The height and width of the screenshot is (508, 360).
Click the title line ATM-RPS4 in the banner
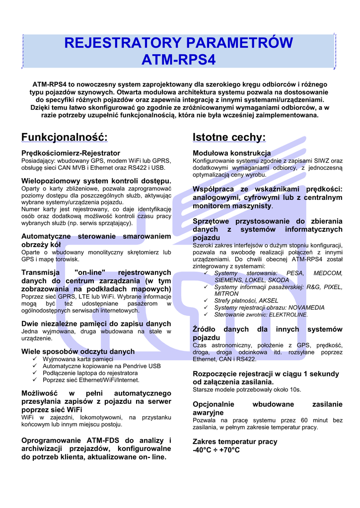point(179,60)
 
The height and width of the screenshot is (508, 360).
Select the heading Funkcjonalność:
point(64,137)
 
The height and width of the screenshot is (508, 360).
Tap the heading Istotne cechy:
point(229,137)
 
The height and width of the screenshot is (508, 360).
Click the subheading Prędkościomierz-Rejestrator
point(71,153)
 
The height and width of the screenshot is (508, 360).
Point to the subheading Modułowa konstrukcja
point(231,153)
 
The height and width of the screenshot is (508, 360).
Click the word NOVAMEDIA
point(290,308)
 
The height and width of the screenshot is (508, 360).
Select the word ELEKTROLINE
point(289,315)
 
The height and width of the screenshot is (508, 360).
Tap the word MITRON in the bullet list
point(226,294)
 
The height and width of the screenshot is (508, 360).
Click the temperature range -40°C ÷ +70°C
point(216,450)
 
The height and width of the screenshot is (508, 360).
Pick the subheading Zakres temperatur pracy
point(235,442)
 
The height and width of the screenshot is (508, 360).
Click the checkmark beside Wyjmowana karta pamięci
point(35,359)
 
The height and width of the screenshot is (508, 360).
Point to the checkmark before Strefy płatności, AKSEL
point(206,301)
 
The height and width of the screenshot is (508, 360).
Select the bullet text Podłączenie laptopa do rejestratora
point(90,373)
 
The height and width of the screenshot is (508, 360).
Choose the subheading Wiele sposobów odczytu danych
point(78,351)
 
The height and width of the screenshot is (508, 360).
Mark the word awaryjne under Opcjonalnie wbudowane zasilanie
point(208,412)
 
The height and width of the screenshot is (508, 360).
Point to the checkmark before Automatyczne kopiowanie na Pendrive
point(35,366)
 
